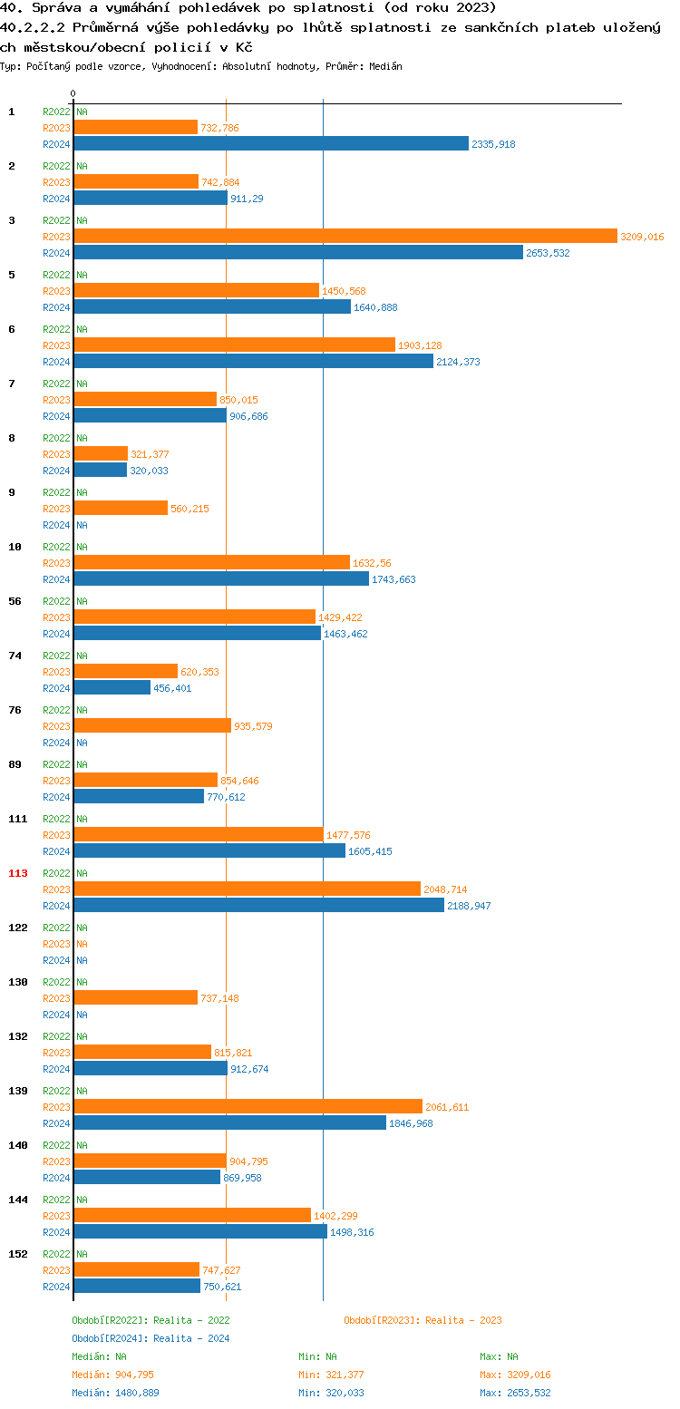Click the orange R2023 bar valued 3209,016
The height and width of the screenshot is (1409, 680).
pos(345,236)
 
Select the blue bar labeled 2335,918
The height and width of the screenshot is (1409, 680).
pos(271,143)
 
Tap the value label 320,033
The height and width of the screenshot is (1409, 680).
pos(149,471)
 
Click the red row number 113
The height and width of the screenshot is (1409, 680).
pos(18,873)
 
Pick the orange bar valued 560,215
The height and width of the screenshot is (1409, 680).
pos(121,508)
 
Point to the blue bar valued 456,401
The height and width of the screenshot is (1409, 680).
pos(112,687)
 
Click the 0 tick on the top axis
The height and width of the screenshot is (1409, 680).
pos(73,93)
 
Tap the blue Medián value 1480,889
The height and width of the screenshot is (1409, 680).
pos(137,1393)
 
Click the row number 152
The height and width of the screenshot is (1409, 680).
pos(18,1254)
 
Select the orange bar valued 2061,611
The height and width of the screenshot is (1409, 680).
pos(248,1106)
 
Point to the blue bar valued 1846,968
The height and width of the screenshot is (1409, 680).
pos(230,1122)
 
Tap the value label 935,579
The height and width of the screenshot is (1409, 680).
pos(253,726)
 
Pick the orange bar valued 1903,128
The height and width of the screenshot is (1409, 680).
pos(235,345)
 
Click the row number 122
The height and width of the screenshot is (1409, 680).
pos(18,928)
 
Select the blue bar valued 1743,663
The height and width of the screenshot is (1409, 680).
pos(221,578)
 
